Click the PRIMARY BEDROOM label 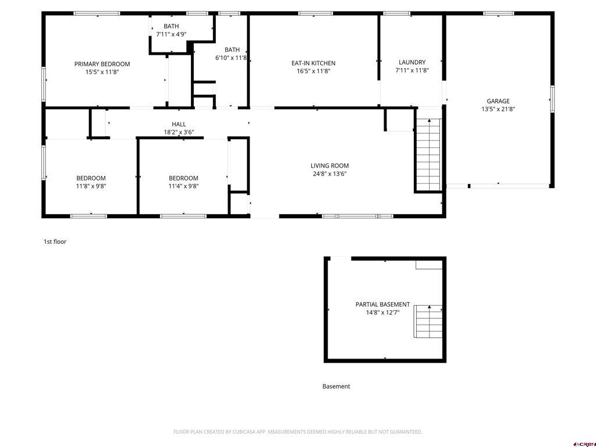click(102, 64)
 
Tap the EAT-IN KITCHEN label click(314, 63)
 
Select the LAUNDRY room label click(412, 62)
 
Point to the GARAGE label click(498, 101)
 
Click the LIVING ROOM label click(329, 166)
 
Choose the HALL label click(179, 125)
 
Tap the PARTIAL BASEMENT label click(383, 304)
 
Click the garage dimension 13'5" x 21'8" click(498, 109)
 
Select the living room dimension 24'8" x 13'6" click(329, 173)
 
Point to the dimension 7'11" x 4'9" click(172, 34)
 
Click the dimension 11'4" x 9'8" click(183, 186)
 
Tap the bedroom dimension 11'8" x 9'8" click(91, 186)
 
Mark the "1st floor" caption click(55, 242)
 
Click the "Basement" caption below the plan click(336, 386)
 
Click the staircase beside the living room click(429, 154)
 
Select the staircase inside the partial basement click(428, 321)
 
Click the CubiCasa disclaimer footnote click(298, 432)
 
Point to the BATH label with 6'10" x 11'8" click(232, 50)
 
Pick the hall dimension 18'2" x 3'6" click(179, 132)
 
